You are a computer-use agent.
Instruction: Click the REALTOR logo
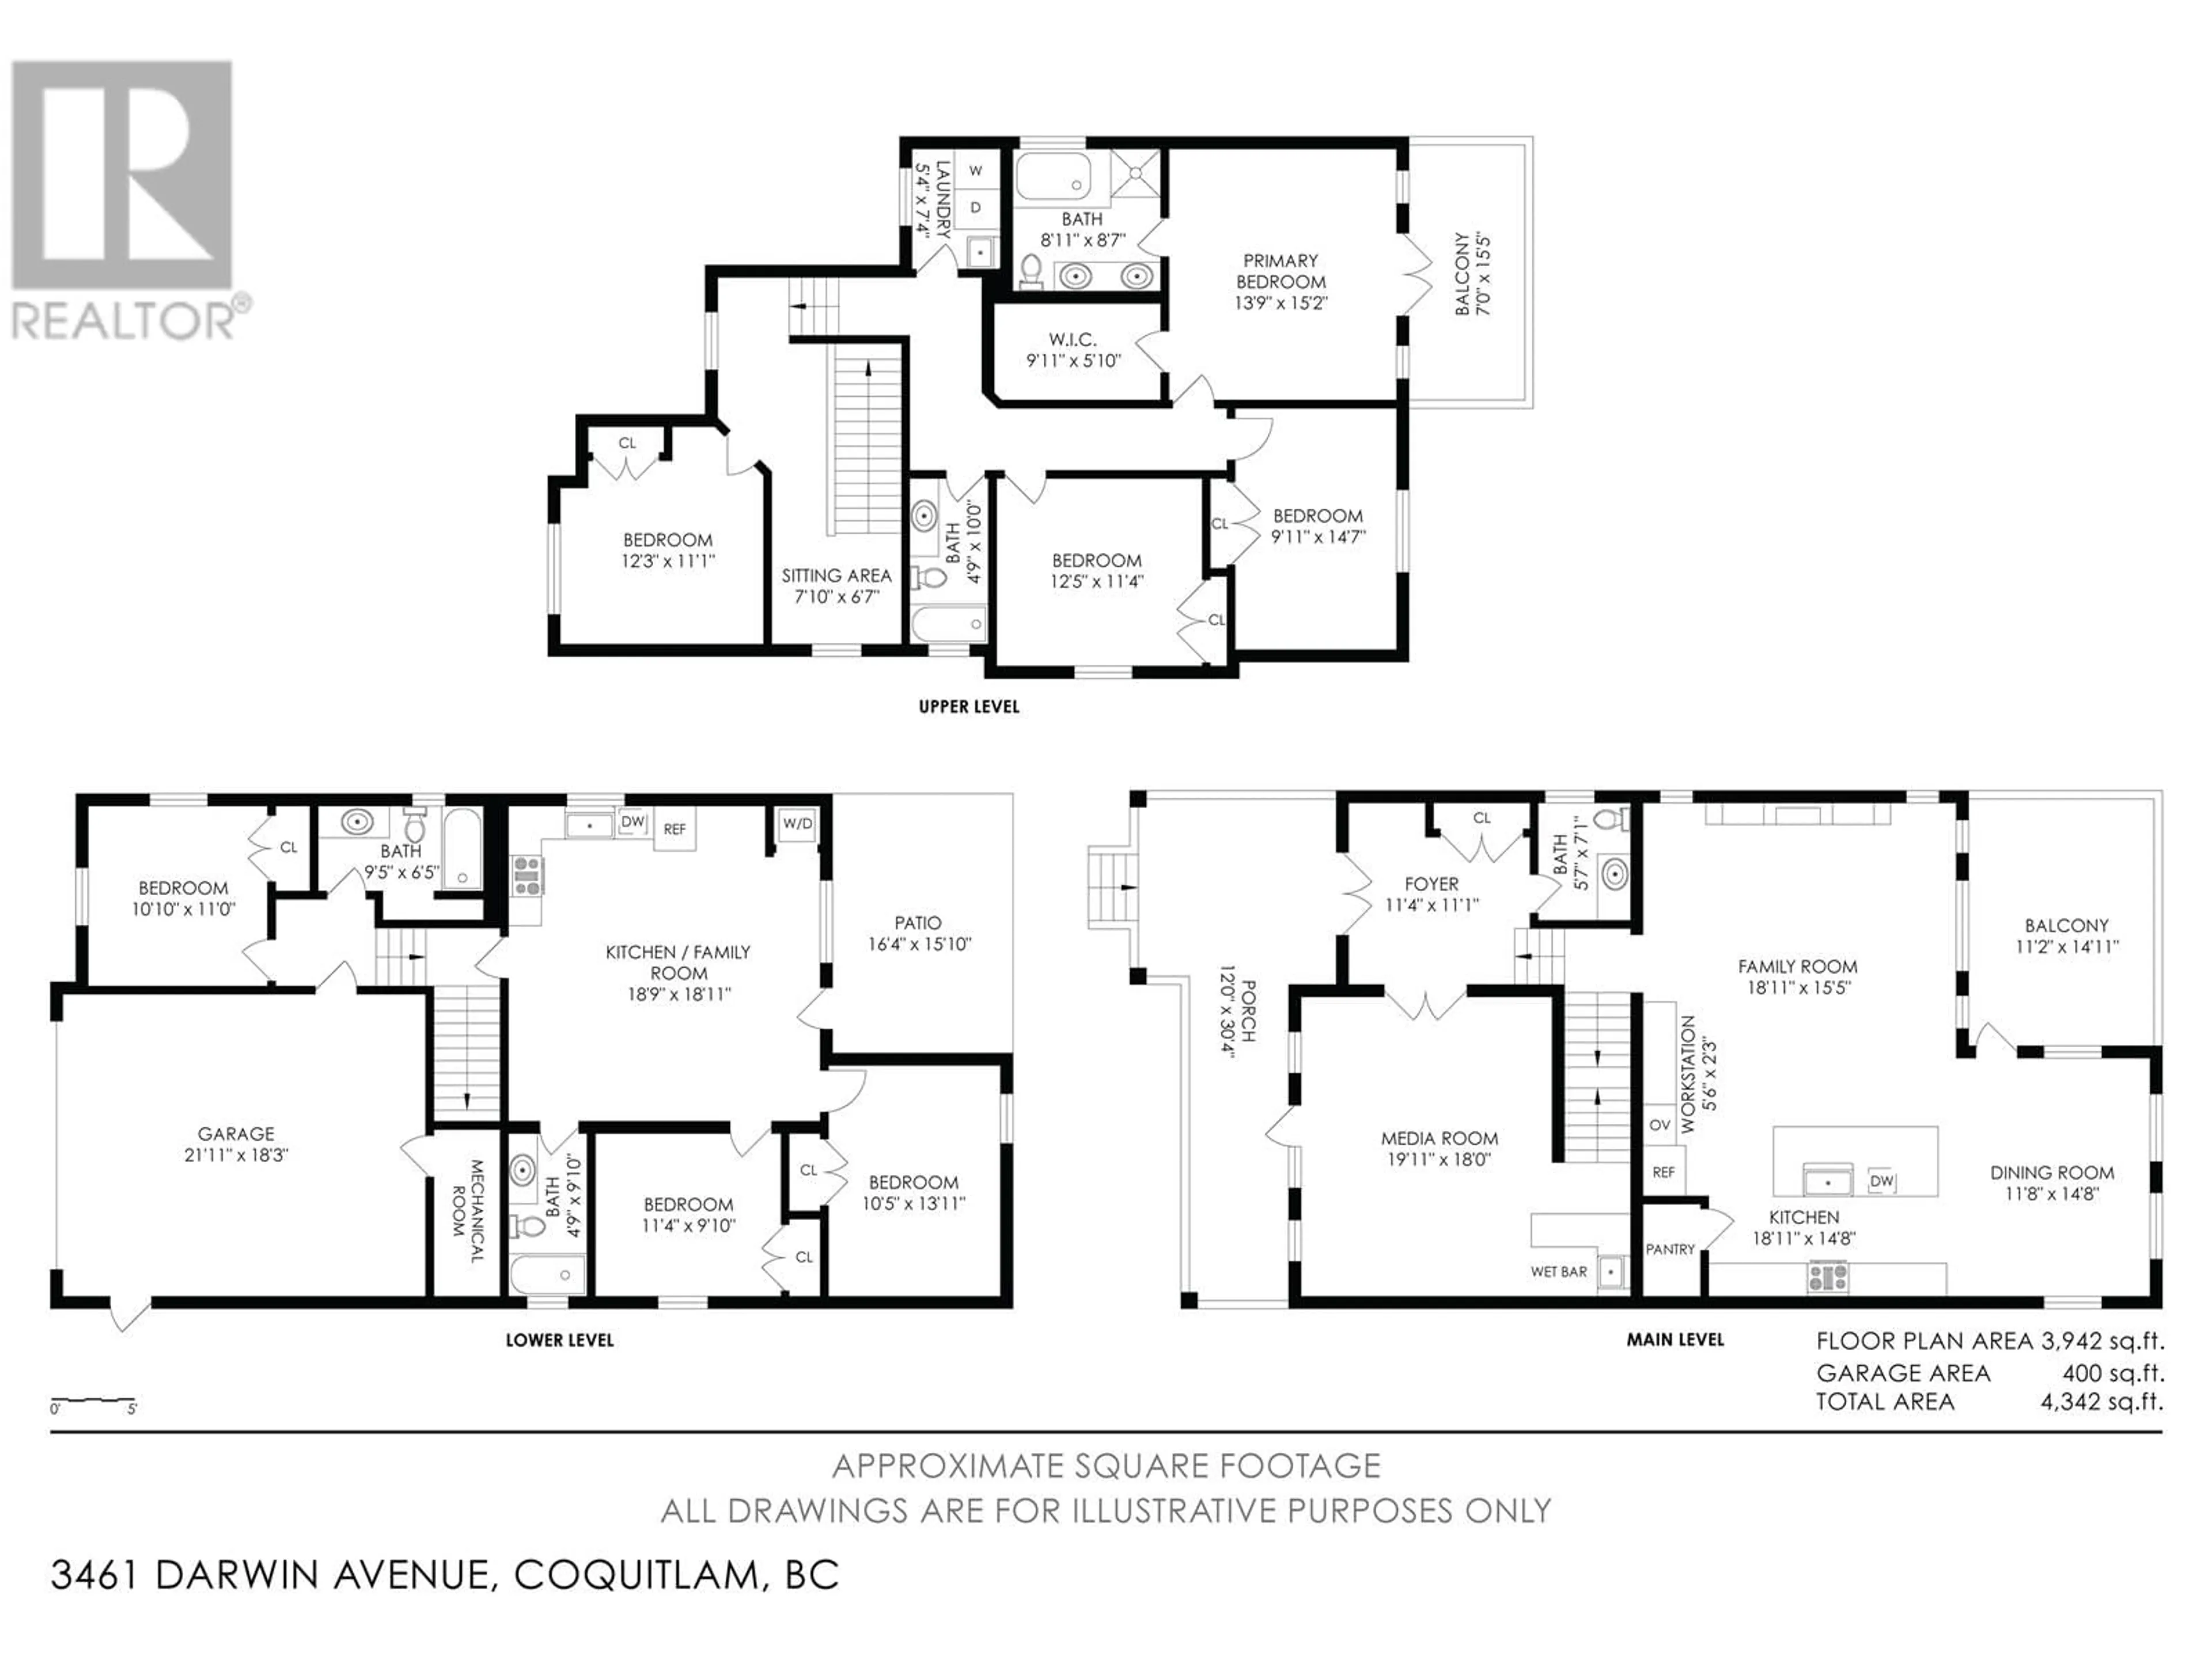coord(131,200)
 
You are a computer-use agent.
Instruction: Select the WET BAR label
coord(1558,1272)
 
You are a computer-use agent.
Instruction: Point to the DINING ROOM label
coord(2052,1172)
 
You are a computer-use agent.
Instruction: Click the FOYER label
coord(1431,884)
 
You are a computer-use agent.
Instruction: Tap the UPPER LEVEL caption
coord(969,706)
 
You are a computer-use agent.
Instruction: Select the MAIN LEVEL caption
coord(1675,1339)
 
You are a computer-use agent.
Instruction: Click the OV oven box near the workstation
coord(1660,1125)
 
